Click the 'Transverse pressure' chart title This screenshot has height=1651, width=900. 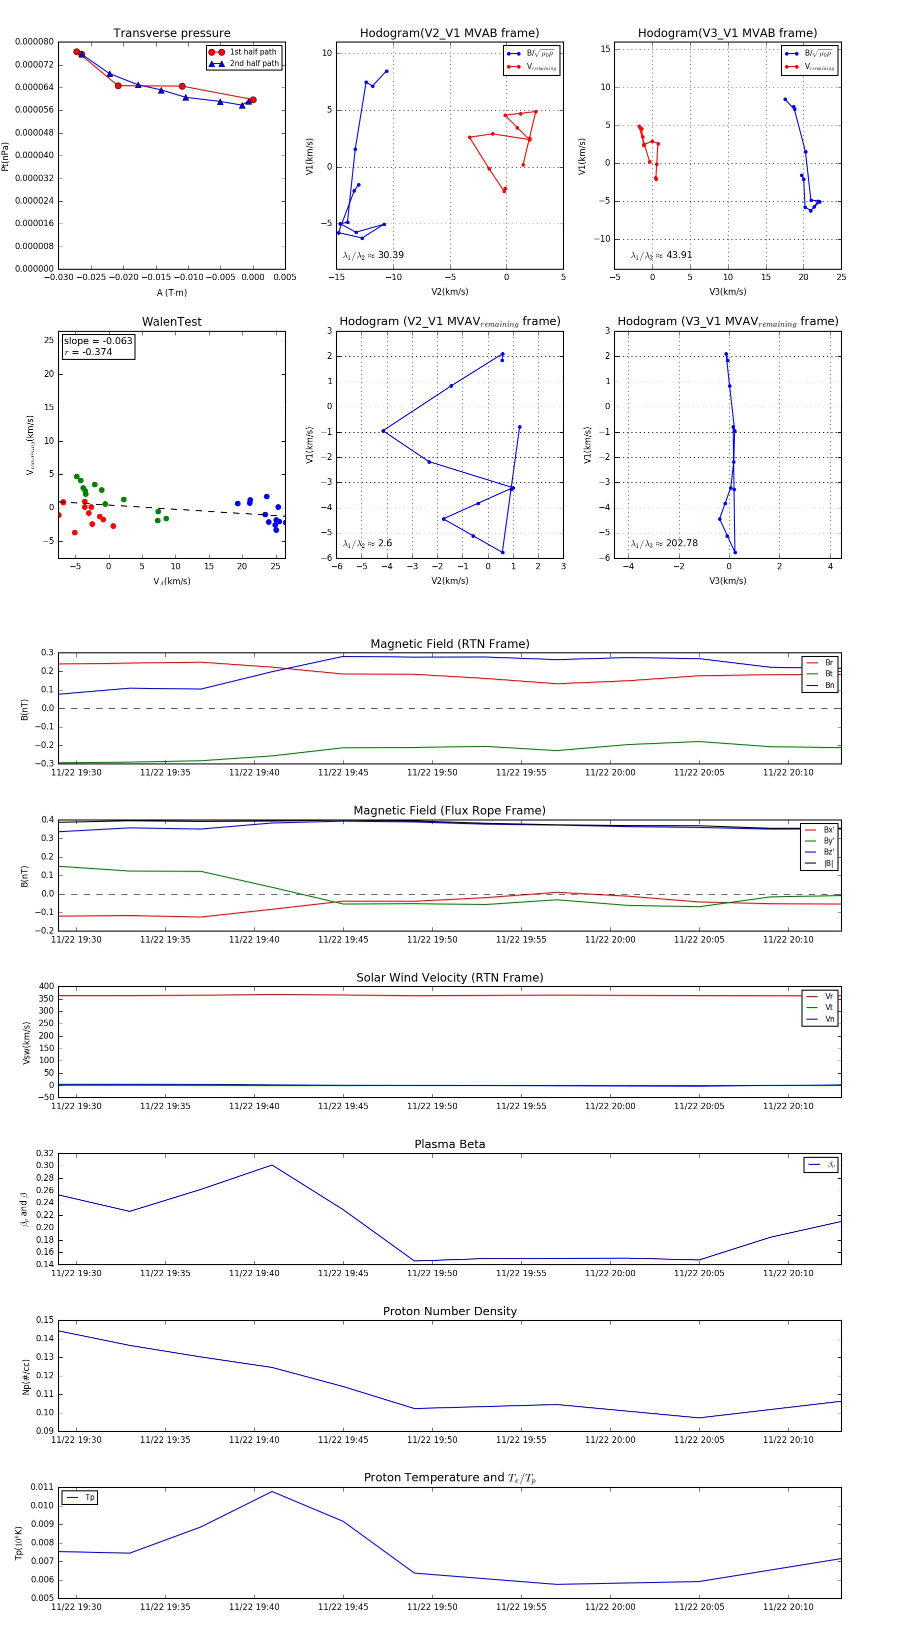point(171,34)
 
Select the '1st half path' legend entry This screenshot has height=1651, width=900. point(252,52)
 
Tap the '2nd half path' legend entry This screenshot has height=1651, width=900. point(253,64)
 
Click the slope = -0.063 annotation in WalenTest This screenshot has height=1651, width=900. point(98,341)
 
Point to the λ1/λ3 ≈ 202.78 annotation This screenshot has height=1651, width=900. point(664,543)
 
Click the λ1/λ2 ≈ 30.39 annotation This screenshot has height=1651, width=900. point(373,255)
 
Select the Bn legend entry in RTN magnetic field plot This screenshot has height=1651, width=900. point(829,685)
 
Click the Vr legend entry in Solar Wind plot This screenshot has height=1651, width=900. point(829,997)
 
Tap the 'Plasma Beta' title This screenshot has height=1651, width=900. point(449,1144)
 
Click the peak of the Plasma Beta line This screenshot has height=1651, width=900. point(272,1165)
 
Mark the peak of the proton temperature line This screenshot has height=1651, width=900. point(272,1491)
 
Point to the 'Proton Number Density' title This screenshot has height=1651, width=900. point(449,1311)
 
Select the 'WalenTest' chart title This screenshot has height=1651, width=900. point(171,322)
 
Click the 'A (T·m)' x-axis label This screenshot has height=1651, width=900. point(171,292)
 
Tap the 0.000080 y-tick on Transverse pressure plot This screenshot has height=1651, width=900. point(34,42)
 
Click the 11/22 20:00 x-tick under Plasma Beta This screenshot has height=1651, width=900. point(610,1273)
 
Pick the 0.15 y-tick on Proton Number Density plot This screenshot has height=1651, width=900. point(45,1320)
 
